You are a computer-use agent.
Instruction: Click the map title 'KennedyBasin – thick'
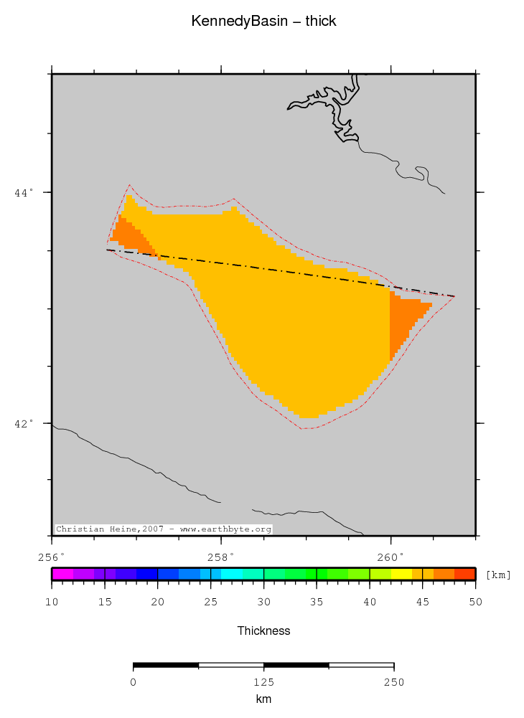pyautogui.click(x=263, y=22)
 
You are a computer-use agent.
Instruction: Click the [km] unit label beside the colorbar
pyautogui.click(x=498, y=575)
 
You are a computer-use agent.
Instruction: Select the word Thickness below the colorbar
pyautogui.click(x=263, y=631)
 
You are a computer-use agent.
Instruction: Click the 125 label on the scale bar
pyautogui.click(x=263, y=682)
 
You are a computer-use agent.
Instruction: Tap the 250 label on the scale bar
pyautogui.click(x=393, y=682)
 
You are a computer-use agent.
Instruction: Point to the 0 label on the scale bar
pyautogui.click(x=134, y=682)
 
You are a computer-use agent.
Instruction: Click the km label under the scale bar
pyautogui.click(x=263, y=699)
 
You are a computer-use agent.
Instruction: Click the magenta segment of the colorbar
pyautogui.click(x=62, y=574)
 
